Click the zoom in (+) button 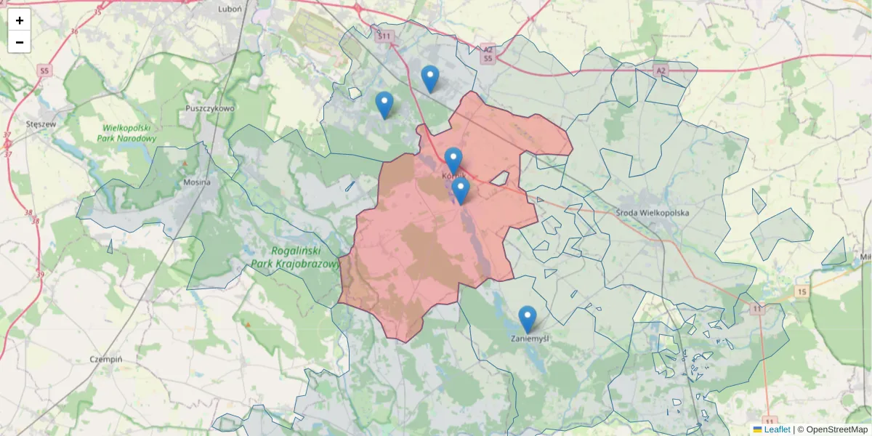(x=20, y=20)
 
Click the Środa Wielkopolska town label (x=651, y=213)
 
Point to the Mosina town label (x=197, y=182)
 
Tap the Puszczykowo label (x=210, y=108)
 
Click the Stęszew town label (x=41, y=124)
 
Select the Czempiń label (x=106, y=360)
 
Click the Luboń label (x=229, y=9)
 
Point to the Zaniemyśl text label (x=530, y=339)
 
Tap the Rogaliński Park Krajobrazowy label (x=294, y=258)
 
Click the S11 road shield (x=384, y=36)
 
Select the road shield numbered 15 (x=802, y=291)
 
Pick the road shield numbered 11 (x=758, y=309)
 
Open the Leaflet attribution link (x=777, y=429)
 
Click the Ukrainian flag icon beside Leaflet (x=758, y=429)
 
